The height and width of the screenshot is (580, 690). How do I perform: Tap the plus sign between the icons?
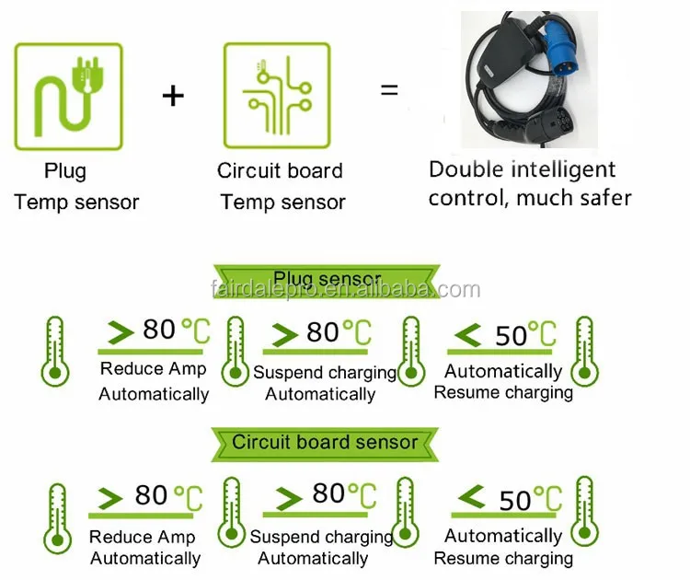click(x=173, y=94)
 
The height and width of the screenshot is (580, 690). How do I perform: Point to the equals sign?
click(x=390, y=90)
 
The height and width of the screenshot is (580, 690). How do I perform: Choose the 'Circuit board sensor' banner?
click(x=324, y=442)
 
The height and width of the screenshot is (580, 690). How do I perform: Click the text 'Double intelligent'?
click(x=522, y=169)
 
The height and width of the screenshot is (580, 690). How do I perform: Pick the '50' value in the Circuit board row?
click(x=515, y=500)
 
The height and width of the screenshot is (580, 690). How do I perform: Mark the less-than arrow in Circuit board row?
click(x=473, y=498)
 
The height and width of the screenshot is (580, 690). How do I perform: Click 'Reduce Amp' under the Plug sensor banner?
click(x=154, y=369)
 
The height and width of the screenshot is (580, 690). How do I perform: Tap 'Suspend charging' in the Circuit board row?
click(x=321, y=536)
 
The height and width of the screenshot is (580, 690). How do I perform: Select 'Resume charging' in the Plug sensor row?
click(x=503, y=393)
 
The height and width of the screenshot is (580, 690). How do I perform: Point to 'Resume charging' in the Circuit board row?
click(x=503, y=558)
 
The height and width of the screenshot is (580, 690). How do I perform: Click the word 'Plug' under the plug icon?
click(x=65, y=171)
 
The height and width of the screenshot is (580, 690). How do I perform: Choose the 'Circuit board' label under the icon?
click(x=280, y=170)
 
